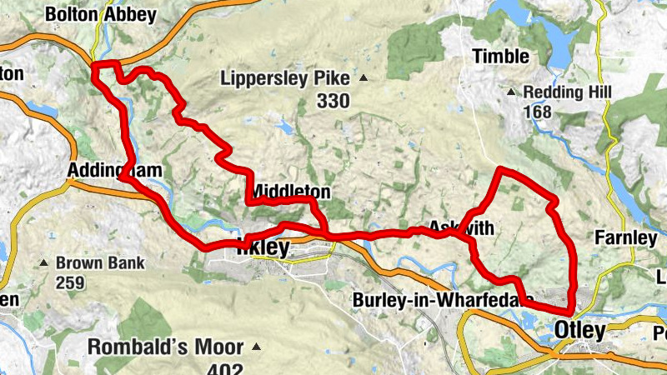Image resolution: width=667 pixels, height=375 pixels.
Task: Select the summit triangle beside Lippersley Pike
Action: coord(363,79)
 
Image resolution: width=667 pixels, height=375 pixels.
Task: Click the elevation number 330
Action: coord(333,101)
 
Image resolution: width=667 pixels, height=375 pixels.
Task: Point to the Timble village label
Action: coord(501,57)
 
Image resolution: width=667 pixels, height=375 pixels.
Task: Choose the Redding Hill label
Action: coord(578,92)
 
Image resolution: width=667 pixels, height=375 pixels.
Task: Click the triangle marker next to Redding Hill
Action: coord(526,92)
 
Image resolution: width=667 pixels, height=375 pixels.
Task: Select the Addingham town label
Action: coord(108,171)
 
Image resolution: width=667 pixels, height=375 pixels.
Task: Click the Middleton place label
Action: coord(290,192)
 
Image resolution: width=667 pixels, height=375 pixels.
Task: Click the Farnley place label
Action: coord(625,238)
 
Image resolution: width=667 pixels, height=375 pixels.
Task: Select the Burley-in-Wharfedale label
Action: coord(444,299)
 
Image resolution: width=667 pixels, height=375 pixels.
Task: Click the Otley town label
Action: coord(580,331)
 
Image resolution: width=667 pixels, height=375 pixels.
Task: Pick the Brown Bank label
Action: coord(100,263)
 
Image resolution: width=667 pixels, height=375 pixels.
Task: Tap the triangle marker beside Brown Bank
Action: coord(44,263)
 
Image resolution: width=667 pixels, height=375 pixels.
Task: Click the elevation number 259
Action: coord(71,282)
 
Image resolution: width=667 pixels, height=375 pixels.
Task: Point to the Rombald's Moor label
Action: coord(166,347)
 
